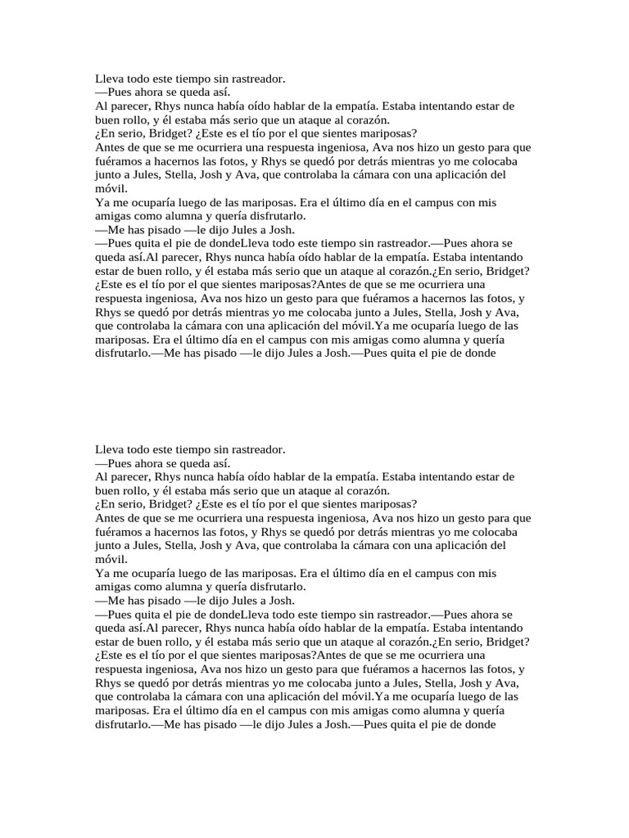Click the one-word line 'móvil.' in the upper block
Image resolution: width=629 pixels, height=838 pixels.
click(x=111, y=188)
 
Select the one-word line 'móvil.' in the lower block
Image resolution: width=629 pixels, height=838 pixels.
click(x=111, y=559)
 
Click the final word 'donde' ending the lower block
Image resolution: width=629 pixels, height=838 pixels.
click(x=479, y=725)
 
